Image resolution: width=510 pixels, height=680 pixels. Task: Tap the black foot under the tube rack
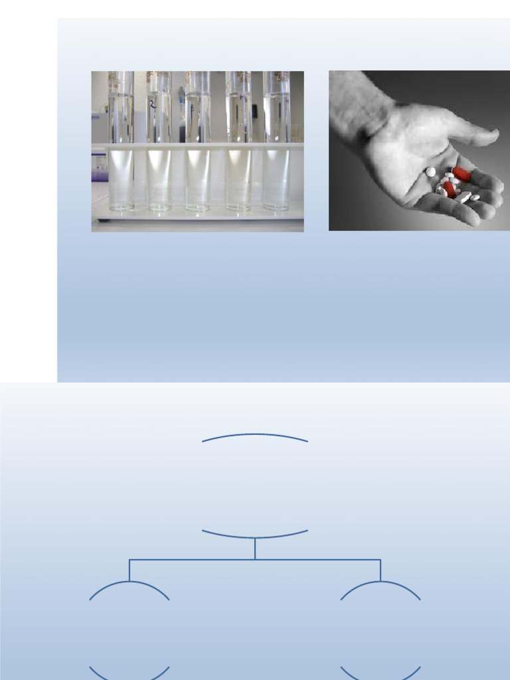tap(100, 220)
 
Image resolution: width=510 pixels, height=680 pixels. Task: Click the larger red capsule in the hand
tap(461, 174)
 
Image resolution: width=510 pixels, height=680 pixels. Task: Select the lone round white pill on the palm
tap(430, 172)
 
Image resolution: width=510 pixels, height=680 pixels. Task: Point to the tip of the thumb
tap(494, 136)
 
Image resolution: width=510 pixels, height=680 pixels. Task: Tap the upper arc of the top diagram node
tap(255, 435)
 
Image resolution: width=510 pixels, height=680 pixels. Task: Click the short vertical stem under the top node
tap(255, 549)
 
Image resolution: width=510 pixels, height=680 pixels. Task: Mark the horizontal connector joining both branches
tap(193, 560)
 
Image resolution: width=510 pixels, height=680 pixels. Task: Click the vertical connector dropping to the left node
tap(129, 570)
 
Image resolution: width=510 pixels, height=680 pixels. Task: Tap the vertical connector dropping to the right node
tap(381, 570)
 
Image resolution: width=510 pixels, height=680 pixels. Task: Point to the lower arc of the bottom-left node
tap(129, 677)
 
